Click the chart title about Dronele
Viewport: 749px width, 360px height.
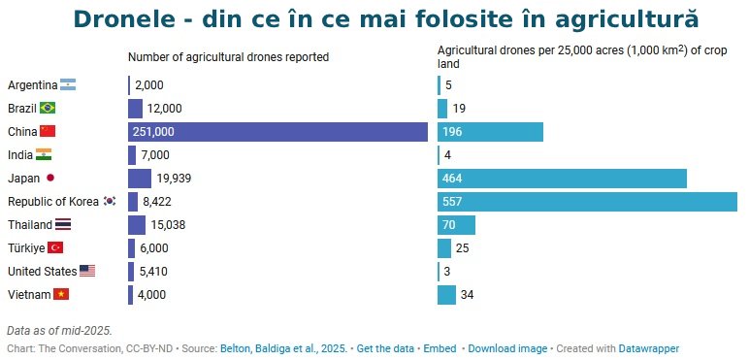[x=385, y=19]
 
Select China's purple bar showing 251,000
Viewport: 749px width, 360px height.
[x=277, y=132]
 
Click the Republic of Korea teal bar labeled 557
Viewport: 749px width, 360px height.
[x=587, y=202]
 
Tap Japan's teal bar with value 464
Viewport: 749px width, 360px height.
[x=562, y=179]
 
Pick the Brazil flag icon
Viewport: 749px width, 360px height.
[x=48, y=109]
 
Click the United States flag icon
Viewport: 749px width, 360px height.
[x=87, y=272]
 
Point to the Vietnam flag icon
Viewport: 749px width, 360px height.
[x=61, y=295]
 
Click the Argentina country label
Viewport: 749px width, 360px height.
[x=32, y=85]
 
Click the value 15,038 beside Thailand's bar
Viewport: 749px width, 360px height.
[x=169, y=225]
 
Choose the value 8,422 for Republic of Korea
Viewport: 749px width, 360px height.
[x=156, y=202]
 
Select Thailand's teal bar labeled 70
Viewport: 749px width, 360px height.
[x=456, y=225]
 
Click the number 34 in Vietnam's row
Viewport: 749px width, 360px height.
[x=467, y=295]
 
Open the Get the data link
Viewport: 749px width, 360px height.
[x=386, y=347]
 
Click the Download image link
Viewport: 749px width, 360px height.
[x=507, y=347]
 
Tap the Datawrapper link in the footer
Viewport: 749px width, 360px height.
[x=649, y=347]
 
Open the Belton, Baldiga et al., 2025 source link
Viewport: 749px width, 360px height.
[x=283, y=347]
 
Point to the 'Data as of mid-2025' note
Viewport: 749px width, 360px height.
[x=59, y=331]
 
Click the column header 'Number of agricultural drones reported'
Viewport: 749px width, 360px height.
[x=228, y=57]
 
